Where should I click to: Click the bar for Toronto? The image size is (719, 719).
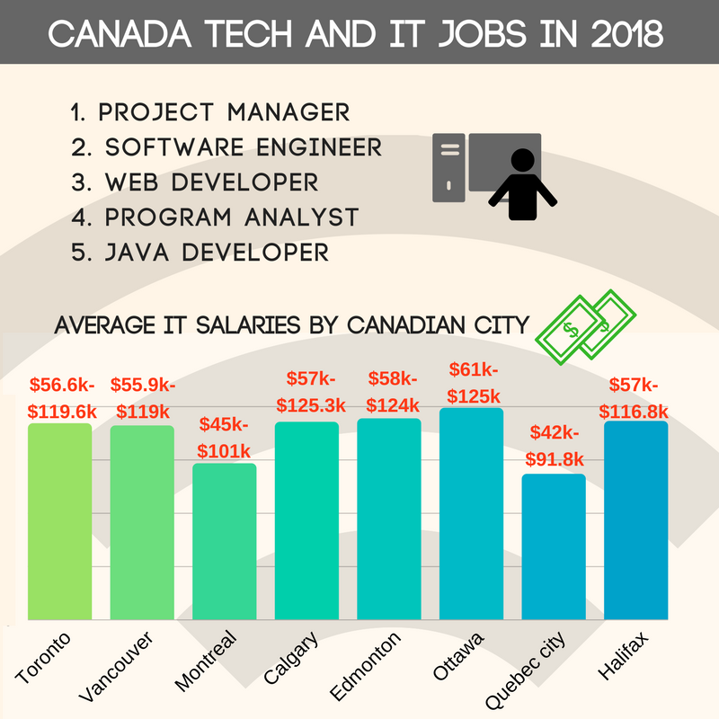tap(59, 521)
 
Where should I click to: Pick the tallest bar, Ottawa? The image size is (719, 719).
tap(471, 513)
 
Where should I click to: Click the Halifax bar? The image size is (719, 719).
tap(636, 520)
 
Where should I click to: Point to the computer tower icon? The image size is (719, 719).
tap(448, 166)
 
